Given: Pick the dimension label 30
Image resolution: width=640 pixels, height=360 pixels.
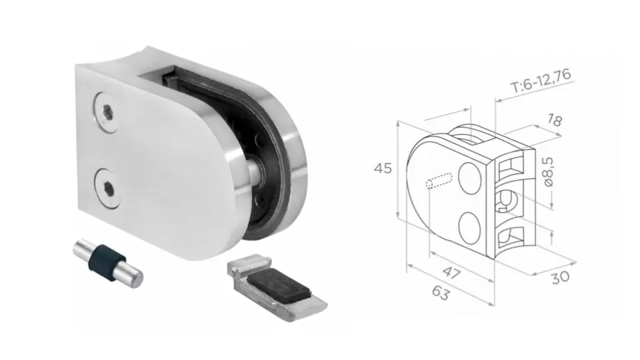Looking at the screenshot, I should coord(561,276).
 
